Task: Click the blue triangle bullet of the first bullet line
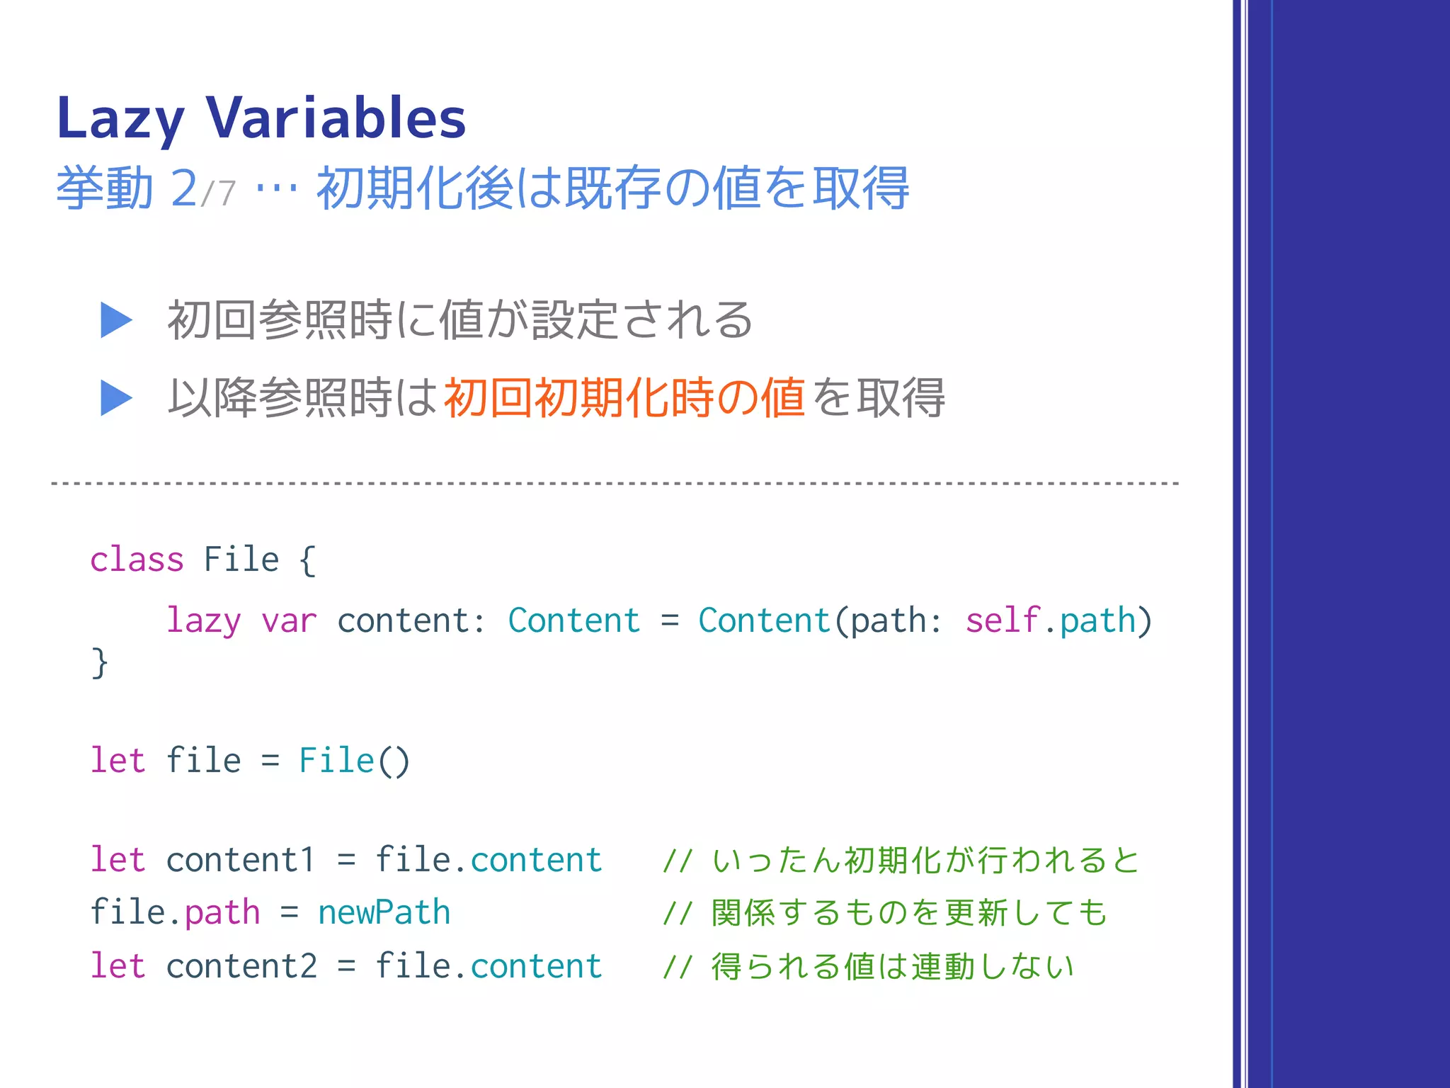tap(116, 320)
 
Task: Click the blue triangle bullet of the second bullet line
tap(116, 398)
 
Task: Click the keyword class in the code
tap(137, 560)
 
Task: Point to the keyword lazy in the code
tap(203, 621)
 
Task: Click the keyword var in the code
tap(289, 621)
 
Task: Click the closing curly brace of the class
tap(100, 663)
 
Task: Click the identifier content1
tap(241, 860)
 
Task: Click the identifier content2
tap(241, 966)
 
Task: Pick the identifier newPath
tap(384, 912)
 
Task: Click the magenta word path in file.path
tap(222, 912)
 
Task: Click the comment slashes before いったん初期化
tap(677, 861)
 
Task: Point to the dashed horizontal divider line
tap(615, 483)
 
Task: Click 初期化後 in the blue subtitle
tap(416, 189)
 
